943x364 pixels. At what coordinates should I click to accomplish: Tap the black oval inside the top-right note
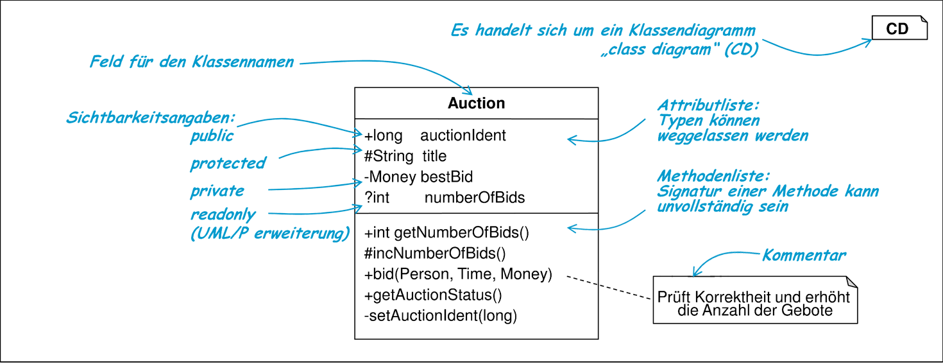click(897, 28)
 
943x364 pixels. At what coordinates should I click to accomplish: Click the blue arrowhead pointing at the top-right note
click(868, 42)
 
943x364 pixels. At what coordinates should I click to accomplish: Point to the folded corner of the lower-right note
click(849, 283)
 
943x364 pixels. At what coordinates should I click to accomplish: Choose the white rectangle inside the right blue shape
click(738, 157)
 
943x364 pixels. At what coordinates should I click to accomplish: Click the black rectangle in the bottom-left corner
click(96, 346)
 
